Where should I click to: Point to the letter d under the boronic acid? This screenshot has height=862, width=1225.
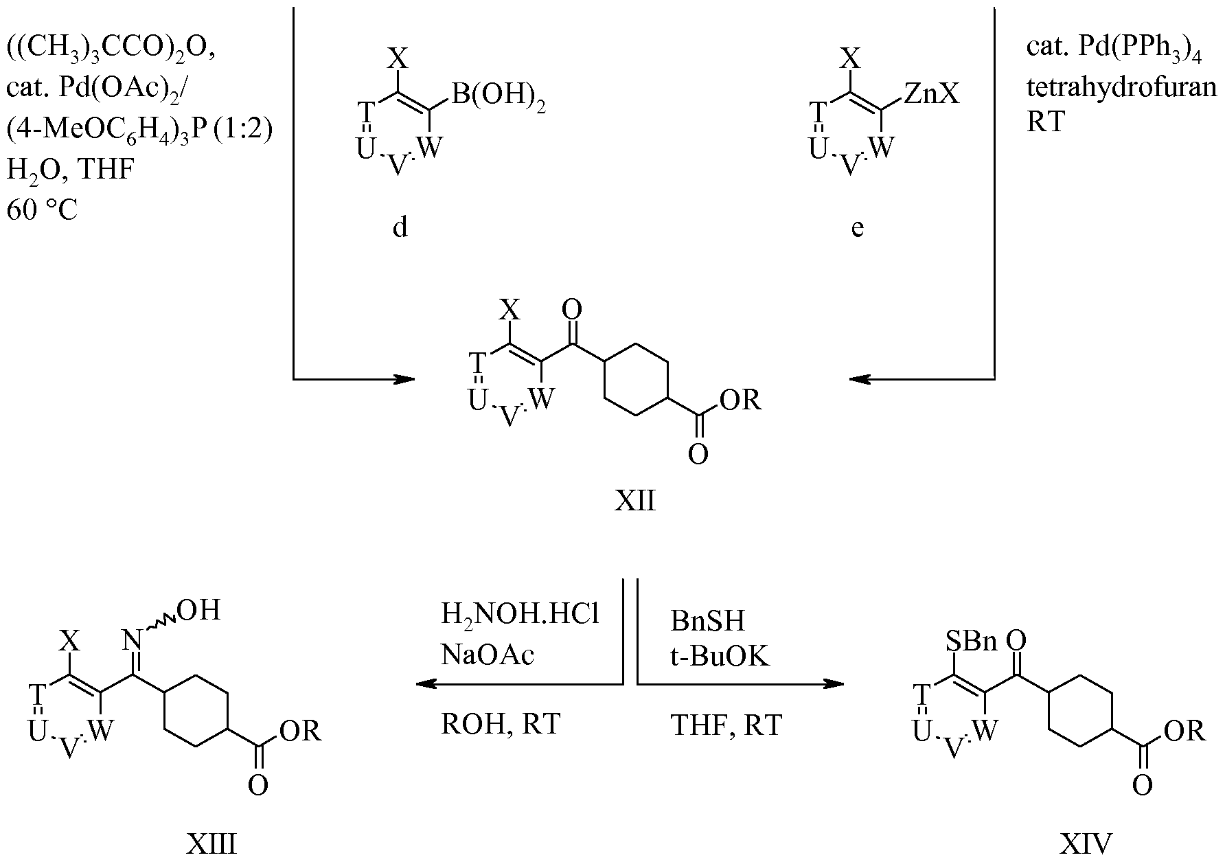tap(400, 226)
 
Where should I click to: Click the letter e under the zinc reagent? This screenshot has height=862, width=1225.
tap(857, 229)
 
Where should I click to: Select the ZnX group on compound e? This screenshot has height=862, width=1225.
tap(931, 95)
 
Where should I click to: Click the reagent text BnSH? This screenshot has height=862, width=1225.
tap(707, 622)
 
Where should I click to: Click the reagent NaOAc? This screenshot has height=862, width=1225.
tap(487, 655)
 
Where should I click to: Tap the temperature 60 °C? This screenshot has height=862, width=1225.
tap(42, 209)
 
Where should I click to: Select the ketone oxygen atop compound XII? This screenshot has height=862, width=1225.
tap(571, 310)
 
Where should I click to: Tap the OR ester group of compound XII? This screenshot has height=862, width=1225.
tap(742, 399)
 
